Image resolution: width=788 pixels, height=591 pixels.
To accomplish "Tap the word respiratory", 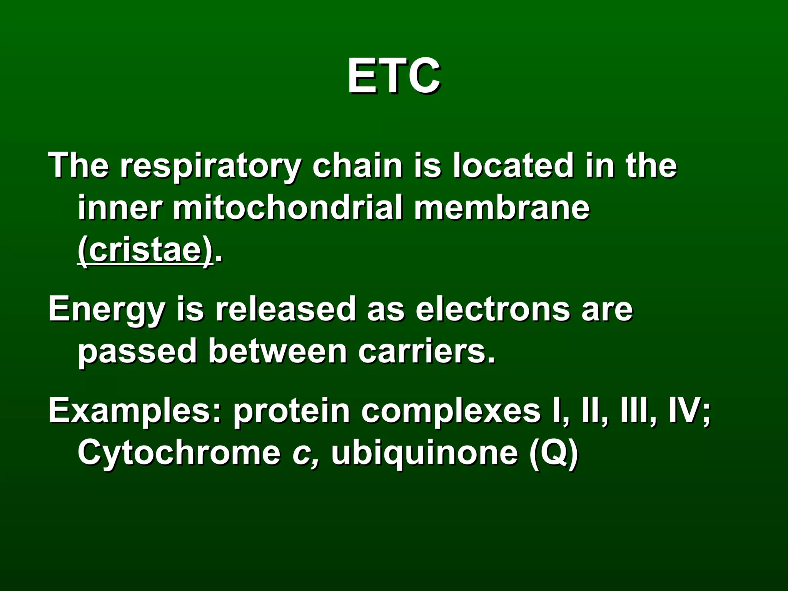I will [210, 166].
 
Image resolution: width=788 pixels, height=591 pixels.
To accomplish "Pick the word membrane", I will [502, 208].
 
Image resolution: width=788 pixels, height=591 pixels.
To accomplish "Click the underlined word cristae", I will [145, 250].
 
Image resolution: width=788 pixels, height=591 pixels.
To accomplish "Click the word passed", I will [137, 352].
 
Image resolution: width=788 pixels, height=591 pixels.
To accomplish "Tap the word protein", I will [291, 411].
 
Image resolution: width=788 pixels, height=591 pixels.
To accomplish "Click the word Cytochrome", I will [179, 453].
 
